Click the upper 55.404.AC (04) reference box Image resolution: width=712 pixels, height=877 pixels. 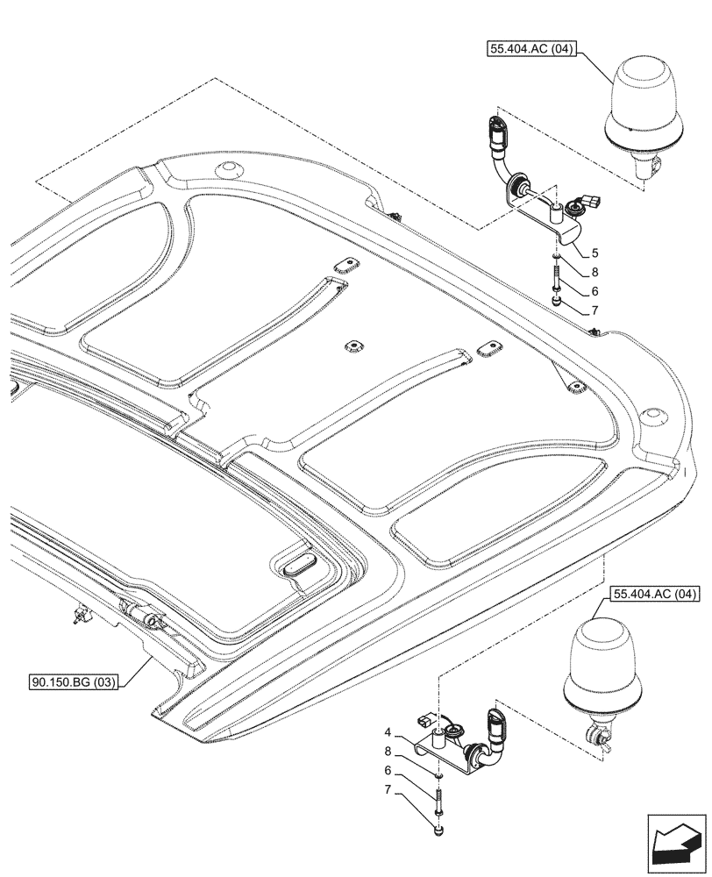(526, 50)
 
